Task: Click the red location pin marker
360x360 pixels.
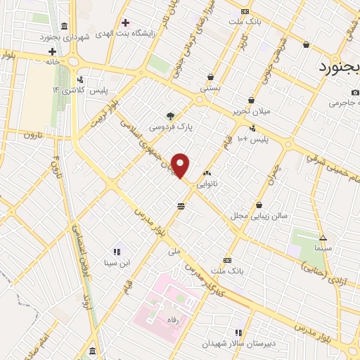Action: (x=181, y=165)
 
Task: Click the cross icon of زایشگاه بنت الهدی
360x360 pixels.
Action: (x=125, y=23)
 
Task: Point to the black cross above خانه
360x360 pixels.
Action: (x=52, y=51)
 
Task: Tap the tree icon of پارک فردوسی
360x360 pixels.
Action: (x=170, y=116)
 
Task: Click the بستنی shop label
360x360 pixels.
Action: (x=210, y=89)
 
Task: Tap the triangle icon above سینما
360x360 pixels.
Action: (x=323, y=238)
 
